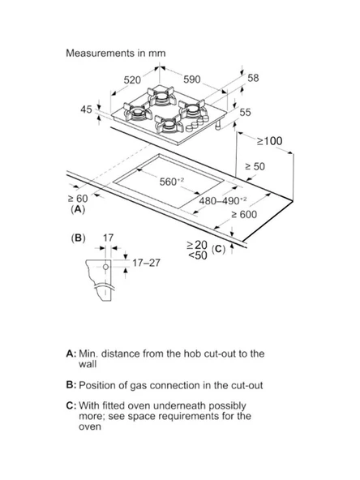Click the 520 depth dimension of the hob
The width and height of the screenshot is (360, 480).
132,80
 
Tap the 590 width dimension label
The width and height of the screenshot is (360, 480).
191,79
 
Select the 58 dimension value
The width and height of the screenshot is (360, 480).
253,78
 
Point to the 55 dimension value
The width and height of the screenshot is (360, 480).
245,113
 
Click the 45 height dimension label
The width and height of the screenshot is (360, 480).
86,109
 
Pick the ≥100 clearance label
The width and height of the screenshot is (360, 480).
269,141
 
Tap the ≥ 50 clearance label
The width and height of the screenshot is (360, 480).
255,166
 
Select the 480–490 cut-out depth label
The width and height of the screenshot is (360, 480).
222,201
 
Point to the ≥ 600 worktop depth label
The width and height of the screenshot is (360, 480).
244,215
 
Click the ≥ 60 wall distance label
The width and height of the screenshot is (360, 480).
78,199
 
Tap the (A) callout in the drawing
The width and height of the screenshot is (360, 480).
78,210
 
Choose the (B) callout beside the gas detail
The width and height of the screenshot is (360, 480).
78,238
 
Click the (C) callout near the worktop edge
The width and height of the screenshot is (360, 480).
219,249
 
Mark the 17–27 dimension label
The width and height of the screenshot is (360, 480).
146,263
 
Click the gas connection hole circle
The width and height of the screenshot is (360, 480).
105,267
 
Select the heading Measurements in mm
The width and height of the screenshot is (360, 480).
116,53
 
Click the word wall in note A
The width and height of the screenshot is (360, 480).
88,364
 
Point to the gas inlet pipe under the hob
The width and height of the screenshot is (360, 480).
218,125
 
